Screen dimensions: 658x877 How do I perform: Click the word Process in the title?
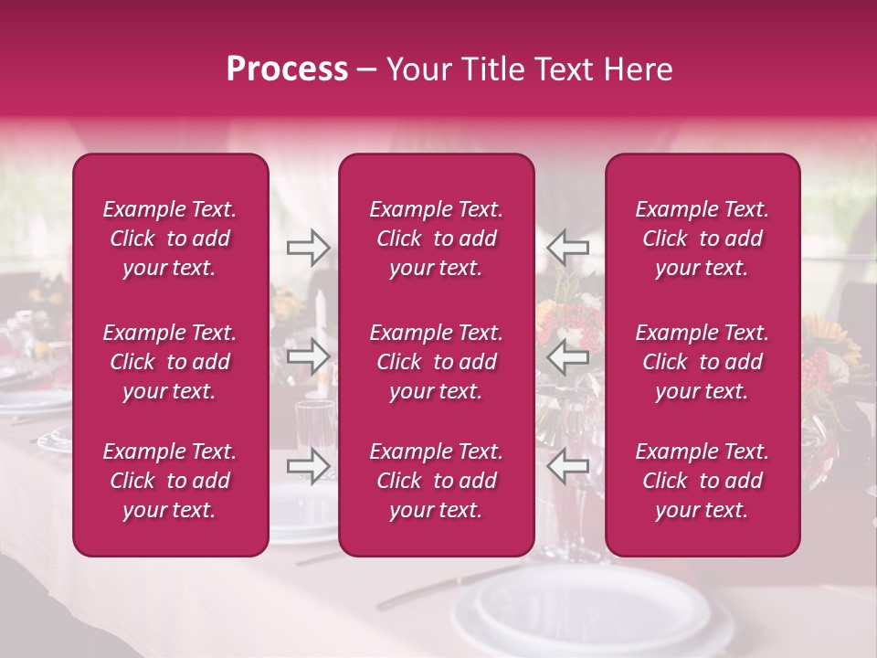point(287,69)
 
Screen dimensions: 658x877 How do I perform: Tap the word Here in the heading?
point(637,69)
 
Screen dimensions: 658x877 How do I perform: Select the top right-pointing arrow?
point(308,248)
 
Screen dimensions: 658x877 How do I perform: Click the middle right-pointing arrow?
point(308,356)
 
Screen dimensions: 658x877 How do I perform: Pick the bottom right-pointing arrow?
point(308,466)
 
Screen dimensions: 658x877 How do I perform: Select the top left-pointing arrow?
point(567,248)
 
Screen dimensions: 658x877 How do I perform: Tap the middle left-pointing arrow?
point(567,356)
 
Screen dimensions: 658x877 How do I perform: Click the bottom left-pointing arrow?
point(567,466)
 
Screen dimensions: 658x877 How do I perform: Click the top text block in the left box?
point(170,239)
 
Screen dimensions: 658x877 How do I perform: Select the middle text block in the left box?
point(170,362)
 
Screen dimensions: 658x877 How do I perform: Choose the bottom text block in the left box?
point(170,481)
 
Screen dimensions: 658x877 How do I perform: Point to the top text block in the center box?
point(436,239)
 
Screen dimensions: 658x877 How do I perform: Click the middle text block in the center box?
point(436,362)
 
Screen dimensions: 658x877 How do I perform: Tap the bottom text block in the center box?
point(436,481)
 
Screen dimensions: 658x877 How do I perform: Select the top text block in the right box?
point(702,239)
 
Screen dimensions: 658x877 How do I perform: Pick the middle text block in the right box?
point(702,362)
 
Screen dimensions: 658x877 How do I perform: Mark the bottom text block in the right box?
point(702,481)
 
